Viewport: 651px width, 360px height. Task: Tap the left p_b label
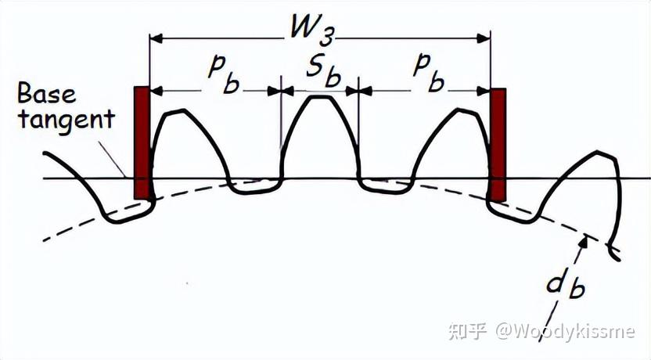[x=221, y=74]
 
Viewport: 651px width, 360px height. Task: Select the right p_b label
[x=429, y=74]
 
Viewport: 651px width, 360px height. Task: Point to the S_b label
[x=321, y=74]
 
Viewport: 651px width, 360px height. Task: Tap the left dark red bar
[x=142, y=142]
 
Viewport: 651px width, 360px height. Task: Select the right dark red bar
[x=498, y=144]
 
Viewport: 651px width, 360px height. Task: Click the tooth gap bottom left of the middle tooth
[x=253, y=185]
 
